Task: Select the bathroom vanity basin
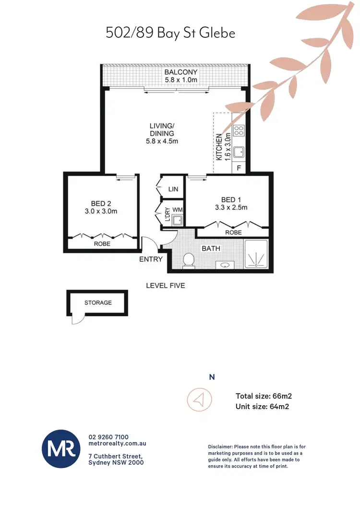click(224, 264)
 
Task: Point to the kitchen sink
click(239, 153)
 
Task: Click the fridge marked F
click(239, 168)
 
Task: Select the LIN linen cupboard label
click(173, 190)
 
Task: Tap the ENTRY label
click(151, 259)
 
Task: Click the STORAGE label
click(98, 303)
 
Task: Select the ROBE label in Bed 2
click(102, 244)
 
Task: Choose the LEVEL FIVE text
click(166, 286)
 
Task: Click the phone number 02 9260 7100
click(108, 437)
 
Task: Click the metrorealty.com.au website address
click(118, 445)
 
